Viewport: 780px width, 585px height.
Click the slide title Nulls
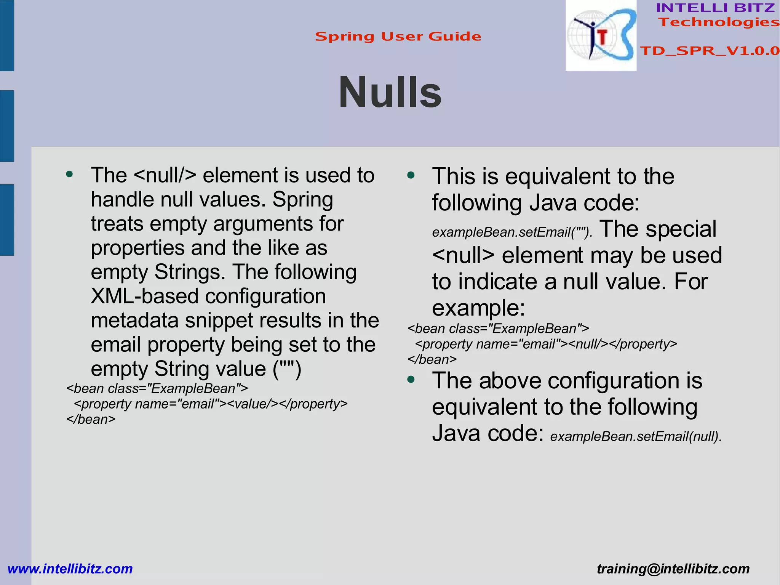(x=390, y=93)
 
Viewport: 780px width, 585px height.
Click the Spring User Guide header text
(x=398, y=37)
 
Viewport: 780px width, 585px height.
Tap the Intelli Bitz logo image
(x=601, y=36)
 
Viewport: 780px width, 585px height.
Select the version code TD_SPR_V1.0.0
(x=710, y=51)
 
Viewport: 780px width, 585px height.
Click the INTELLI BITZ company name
(x=715, y=8)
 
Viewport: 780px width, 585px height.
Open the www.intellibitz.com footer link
(x=70, y=569)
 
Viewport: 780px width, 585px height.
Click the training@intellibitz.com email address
(x=673, y=569)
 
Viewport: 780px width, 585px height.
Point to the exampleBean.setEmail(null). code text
(x=636, y=436)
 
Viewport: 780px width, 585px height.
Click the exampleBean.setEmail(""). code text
(x=512, y=232)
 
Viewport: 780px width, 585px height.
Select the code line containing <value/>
(x=211, y=404)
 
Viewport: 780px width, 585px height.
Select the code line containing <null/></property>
(x=546, y=344)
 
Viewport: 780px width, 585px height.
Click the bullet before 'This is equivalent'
(x=411, y=176)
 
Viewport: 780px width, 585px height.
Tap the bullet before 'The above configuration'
(x=411, y=380)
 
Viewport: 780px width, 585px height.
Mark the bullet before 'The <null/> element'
(x=69, y=175)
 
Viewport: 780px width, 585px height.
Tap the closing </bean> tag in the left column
(x=91, y=420)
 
